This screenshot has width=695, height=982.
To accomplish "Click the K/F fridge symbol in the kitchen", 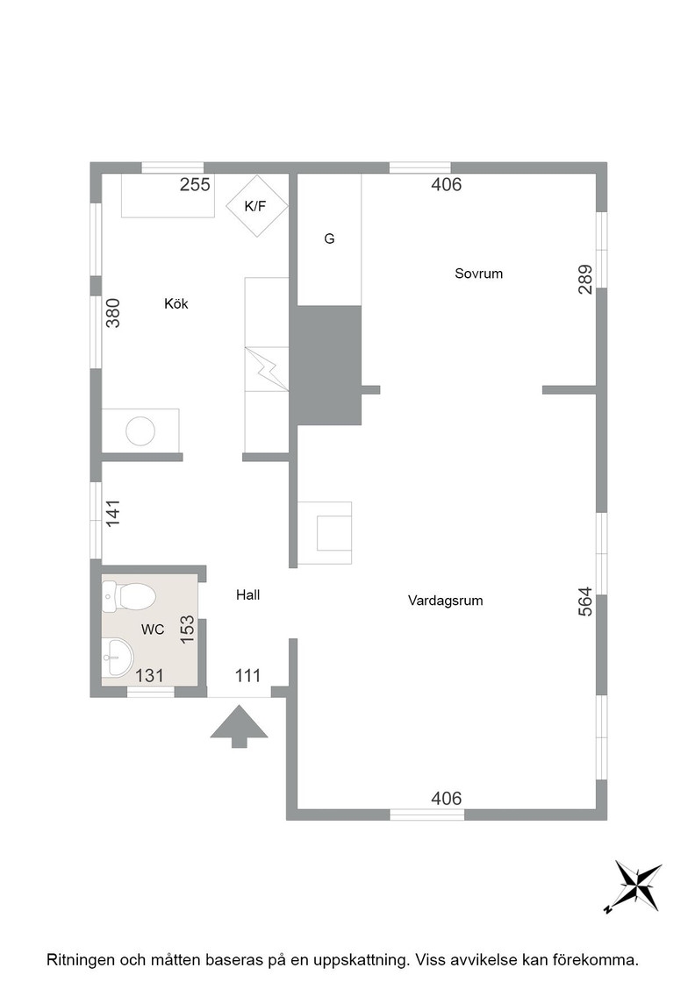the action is point(256,206).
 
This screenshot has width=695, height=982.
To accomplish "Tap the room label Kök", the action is point(176,303).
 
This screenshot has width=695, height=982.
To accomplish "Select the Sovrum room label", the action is point(479,274).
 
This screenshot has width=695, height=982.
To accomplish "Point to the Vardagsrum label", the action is point(445,601).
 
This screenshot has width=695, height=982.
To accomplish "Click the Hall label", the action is point(248,595).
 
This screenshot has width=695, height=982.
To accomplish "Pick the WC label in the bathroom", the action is point(153,630).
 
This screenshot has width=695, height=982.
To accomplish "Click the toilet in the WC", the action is point(129,597).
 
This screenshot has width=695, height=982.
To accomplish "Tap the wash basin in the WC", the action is point(118,658).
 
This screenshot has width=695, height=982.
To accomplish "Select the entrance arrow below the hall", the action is point(239,727).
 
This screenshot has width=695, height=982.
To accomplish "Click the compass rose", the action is point(634,886).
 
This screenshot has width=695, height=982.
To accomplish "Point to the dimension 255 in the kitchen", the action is point(195,185).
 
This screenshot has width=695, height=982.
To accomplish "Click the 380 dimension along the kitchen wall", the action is point(113,313).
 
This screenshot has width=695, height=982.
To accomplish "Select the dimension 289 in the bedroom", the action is point(585,280).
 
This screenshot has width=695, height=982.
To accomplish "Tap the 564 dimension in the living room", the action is point(585,601).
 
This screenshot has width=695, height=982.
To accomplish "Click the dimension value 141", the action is point(113,512).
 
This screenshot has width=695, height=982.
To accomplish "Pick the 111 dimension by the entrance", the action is point(247,676).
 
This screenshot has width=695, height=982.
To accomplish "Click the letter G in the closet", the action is point(329,238).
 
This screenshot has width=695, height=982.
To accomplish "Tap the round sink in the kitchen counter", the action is point(140,431).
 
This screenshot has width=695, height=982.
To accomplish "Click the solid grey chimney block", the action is point(329,365).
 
